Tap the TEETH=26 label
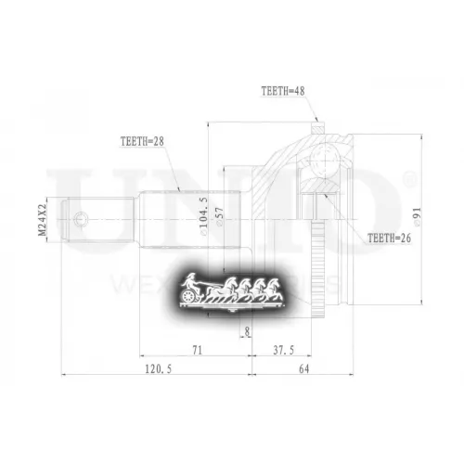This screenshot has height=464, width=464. [389, 238]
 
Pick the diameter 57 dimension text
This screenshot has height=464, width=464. [219, 216]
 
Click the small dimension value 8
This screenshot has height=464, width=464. [247, 330]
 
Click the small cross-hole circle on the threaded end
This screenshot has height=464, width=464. [84, 221]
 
